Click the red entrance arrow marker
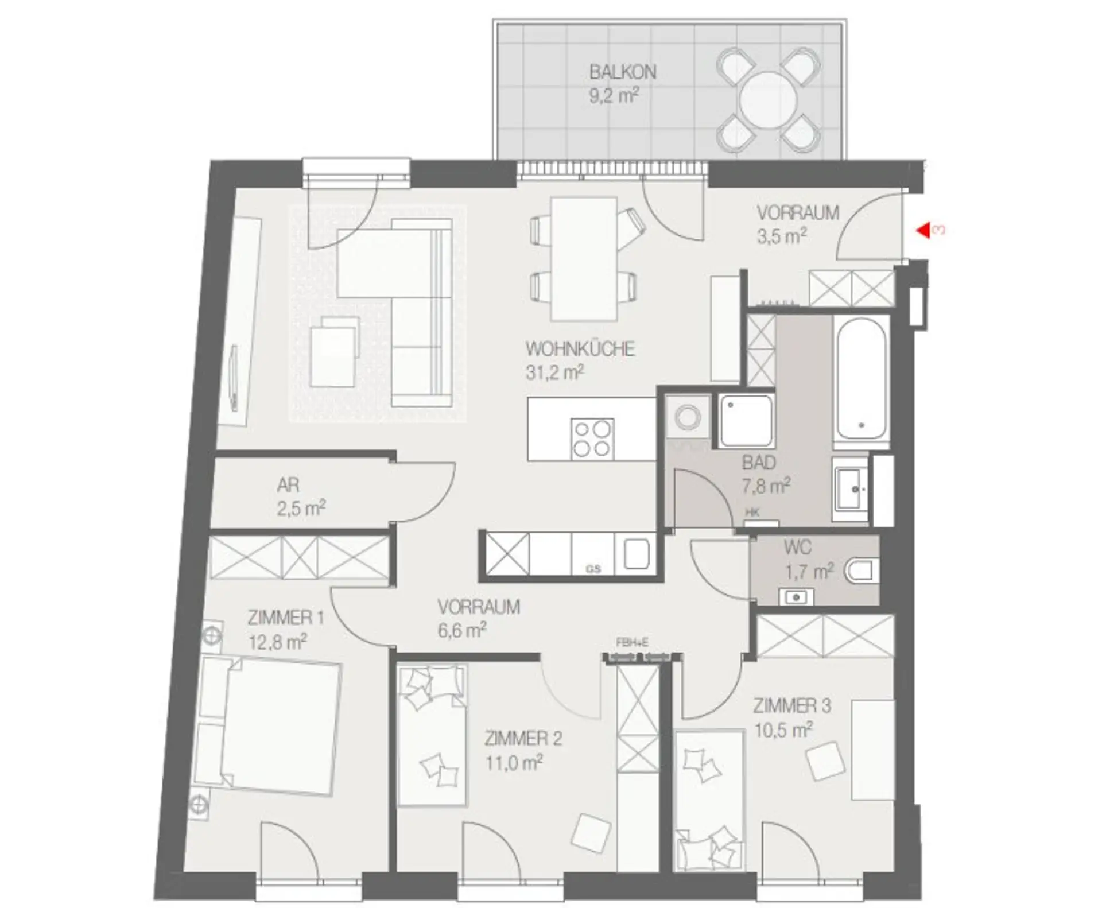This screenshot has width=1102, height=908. click(x=923, y=231)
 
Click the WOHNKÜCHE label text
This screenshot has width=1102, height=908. click(x=580, y=349)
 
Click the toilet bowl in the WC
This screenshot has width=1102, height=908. click(x=863, y=571)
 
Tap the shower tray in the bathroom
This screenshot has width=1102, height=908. click(x=746, y=420)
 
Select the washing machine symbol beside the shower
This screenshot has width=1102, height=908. click(x=687, y=416)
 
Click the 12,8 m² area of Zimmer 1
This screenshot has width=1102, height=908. click(x=278, y=642)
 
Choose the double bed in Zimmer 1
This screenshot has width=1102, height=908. click(x=267, y=725)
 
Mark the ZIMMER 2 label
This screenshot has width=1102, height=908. click(x=523, y=739)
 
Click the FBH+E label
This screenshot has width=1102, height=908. click(x=632, y=643)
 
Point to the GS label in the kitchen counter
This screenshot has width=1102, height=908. click(x=593, y=569)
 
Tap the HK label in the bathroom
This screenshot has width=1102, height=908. click(x=752, y=513)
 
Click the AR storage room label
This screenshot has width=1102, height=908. click(x=288, y=486)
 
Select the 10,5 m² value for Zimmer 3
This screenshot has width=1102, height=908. click(x=783, y=731)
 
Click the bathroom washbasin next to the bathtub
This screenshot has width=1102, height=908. click(x=851, y=488)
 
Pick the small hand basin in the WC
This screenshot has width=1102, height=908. click(x=797, y=597)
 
